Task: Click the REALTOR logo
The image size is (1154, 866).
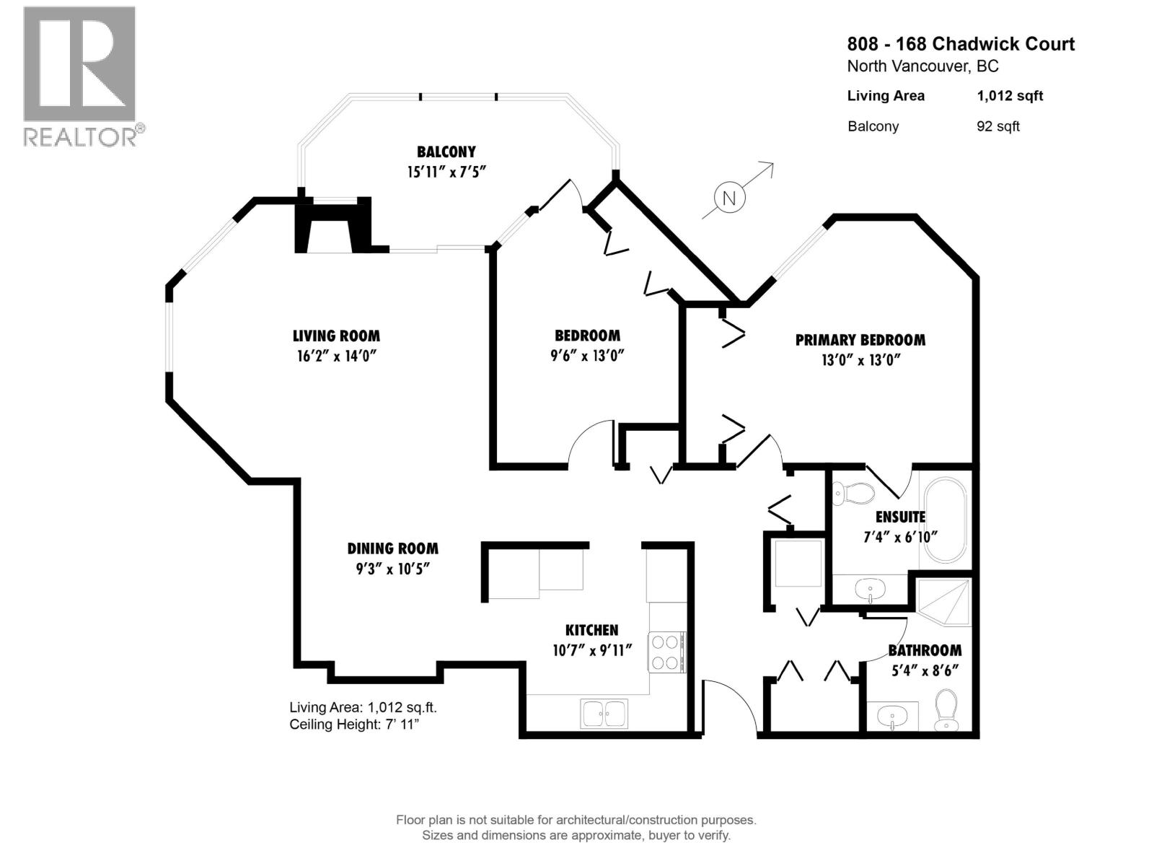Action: [79, 76]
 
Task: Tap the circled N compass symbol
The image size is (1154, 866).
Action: [729, 198]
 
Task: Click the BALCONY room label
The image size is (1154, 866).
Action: [446, 152]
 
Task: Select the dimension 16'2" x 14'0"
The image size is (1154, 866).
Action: [336, 356]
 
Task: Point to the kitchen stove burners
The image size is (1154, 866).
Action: [666, 652]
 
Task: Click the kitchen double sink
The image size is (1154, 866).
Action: [604, 713]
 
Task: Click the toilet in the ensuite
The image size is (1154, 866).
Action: [853, 494]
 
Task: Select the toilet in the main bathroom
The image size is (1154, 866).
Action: [945, 710]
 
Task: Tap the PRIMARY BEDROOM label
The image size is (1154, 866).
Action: [860, 340]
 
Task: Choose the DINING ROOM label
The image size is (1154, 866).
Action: [392, 548]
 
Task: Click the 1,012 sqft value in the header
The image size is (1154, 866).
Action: [1009, 96]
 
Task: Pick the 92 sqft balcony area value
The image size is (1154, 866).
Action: [997, 126]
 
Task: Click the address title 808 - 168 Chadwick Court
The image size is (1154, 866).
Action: [960, 44]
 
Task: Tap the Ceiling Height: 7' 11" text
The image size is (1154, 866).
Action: [353, 725]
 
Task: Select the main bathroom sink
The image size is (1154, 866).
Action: [892, 717]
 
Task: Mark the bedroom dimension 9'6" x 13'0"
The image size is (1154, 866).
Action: [586, 356]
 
